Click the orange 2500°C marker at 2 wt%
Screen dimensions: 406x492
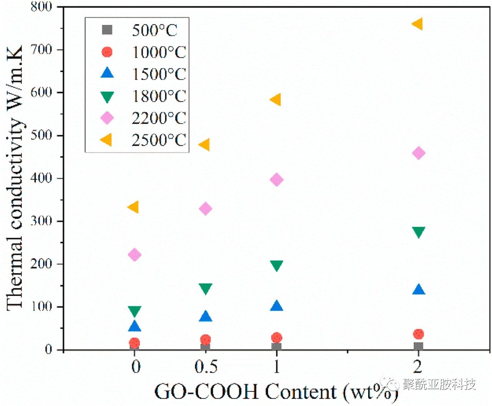coord(418,24)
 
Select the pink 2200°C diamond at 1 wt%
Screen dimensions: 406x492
coord(276,179)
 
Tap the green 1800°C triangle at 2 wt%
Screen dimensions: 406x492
coord(418,232)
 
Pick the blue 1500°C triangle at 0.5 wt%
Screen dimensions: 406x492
coord(206,317)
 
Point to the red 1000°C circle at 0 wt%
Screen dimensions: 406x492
coord(134,343)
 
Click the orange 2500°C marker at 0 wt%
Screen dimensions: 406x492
coord(133,207)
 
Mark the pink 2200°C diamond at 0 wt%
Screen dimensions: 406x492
coord(135,255)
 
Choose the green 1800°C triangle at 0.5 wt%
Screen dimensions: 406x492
coord(206,288)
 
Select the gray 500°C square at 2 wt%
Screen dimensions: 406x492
coord(418,346)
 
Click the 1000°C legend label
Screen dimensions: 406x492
coord(159,52)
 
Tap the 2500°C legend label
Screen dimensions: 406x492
coord(159,140)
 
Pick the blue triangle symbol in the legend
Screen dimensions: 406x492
coord(107,73)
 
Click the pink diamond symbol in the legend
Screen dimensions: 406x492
coord(107,118)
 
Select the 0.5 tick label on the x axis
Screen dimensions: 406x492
coord(206,367)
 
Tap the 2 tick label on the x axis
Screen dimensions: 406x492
coord(418,367)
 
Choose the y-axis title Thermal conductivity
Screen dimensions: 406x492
coord(15,177)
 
